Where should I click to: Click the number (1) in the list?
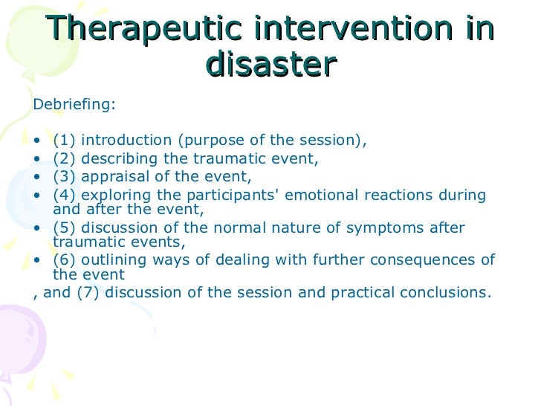65,141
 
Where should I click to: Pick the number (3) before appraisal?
65,177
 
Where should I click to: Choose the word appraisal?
112,177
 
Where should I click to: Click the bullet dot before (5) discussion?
38,228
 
